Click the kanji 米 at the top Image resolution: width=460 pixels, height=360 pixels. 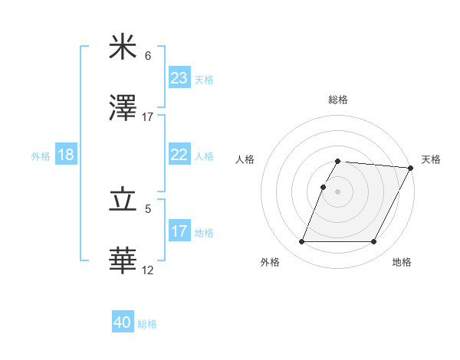tap(123, 47)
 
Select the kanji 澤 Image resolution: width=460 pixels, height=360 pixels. tap(123, 109)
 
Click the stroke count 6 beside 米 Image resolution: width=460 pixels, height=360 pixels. tap(148, 56)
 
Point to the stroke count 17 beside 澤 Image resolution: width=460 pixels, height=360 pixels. tap(148, 117)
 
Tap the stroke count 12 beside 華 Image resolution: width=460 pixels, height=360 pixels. tap(148, 270)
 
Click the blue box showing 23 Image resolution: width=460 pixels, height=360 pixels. tap(179, 78)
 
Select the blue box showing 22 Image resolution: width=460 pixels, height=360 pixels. tap(179, 155)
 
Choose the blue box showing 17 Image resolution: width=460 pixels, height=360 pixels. tap(179, 231)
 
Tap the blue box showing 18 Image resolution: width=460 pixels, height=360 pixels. tap(66, 155)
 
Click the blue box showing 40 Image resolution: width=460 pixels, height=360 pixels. tap(123, 323)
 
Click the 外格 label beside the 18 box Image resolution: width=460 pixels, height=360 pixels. tap(41, 155)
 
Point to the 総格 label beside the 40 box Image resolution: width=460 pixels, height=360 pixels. tap(148, 324)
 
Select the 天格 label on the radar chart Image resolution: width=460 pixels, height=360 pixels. tap(431, 159)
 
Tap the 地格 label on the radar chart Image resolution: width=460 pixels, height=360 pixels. tap(402, 262)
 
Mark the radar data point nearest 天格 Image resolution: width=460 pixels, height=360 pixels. tap(411, 168)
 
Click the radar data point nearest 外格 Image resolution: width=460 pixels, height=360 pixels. tap(301, 242)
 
